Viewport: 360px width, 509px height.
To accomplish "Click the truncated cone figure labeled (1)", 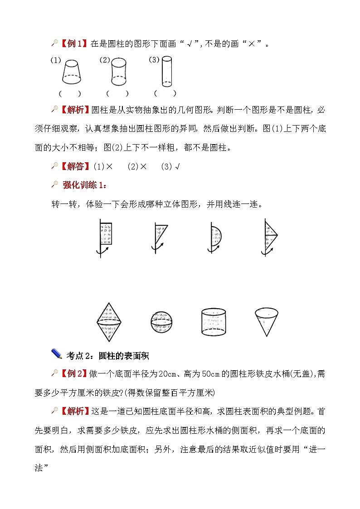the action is click(72, 72).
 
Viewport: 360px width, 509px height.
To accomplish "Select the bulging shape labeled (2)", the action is click(119, 72).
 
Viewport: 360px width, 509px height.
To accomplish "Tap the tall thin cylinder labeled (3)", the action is click(166, 72).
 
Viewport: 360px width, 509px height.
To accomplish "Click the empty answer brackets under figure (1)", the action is click(70, 94).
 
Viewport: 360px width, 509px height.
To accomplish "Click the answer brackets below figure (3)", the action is click(165, 93).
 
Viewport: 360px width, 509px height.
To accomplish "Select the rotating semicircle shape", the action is click(214, 238).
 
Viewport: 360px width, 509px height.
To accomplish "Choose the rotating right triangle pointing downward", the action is click(160, 238).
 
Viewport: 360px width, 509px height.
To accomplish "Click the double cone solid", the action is click(109, 322).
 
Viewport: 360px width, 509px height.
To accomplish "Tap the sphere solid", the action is click(162, 322).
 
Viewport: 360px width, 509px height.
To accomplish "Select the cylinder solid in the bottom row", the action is click(214, 322).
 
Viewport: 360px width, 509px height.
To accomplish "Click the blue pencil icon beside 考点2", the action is click(57, 354).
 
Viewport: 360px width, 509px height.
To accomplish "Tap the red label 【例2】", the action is click(74, 373).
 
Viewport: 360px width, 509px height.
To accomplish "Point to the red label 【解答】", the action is click(75, 166).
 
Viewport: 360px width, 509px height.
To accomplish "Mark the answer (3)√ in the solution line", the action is click(170, 166).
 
